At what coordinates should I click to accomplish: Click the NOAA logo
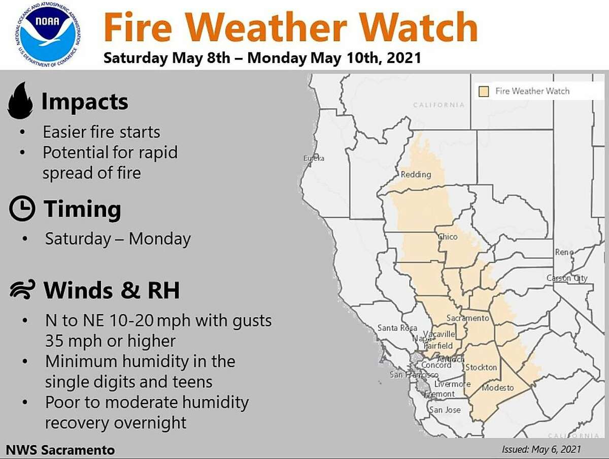[48, 35]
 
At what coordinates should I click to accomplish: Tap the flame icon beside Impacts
[20, 101]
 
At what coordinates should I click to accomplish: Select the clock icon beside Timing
[22, 208]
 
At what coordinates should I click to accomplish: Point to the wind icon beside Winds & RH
[23, 289]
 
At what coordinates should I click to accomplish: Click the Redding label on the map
[416, 175]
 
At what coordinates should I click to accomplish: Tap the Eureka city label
[314, 159]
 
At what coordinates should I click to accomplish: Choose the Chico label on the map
[448, 237]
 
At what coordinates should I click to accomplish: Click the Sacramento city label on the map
[467, 318]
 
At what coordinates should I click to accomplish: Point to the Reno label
[564, 252]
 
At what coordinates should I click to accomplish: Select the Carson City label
[567, 278]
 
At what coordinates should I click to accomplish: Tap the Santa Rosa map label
[397, 328]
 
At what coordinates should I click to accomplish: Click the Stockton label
[481, 368]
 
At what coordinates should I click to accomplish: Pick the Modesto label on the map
[498, 388]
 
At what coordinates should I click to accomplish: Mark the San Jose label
[445, 410]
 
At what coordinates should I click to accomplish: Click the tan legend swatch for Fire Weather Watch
[484, 91]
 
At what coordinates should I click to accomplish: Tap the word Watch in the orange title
[419, 27]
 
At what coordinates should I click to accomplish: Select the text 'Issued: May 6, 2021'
[542, 449]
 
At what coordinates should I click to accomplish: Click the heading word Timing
[82, 209]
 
